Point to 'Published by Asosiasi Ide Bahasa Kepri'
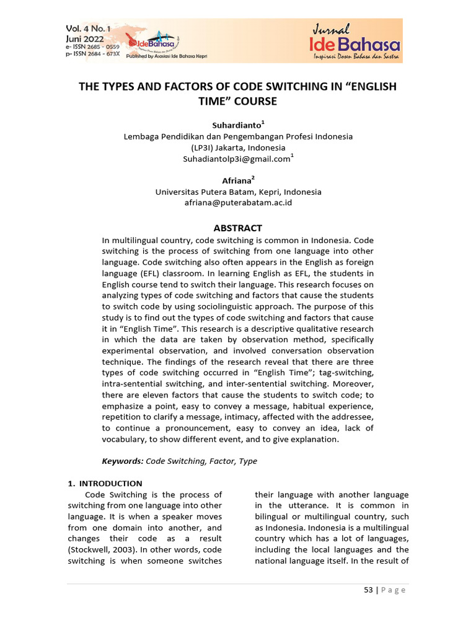(167, 56)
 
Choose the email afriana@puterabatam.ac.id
(238, 203)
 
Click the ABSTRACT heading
(238, 228)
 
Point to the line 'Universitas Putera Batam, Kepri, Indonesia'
(238, 192)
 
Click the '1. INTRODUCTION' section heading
(105, 484)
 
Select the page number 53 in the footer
(368, 590)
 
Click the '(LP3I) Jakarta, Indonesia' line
(238, 148)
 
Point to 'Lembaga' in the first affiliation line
(141, 136)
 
